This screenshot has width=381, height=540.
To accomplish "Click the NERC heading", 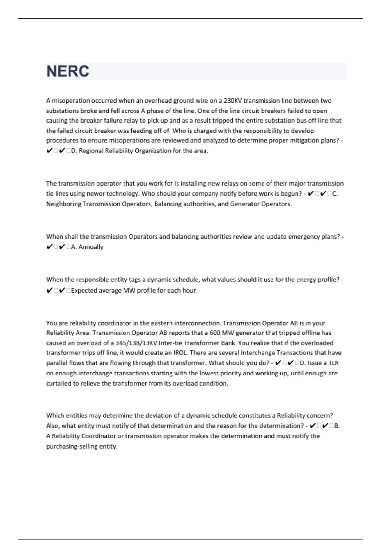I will click(x=68, y=71).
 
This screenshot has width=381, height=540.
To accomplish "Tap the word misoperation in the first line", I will click(x=71, y=101).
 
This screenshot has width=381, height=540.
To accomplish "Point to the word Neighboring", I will click(x=63, y=204).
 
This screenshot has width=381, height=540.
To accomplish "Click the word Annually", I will click(x=91, y=247).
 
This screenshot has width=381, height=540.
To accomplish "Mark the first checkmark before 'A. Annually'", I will click(x=50, y=247).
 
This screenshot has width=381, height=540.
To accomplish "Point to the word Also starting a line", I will click(x=52, y=426).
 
